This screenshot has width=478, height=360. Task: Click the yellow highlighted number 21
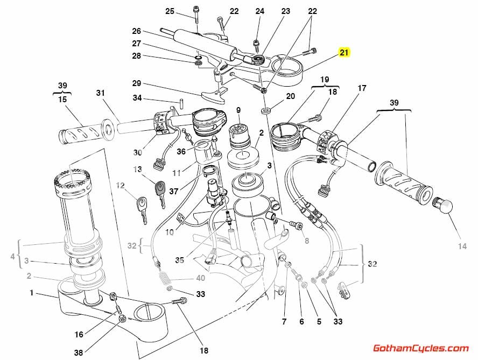[x=344, y=52]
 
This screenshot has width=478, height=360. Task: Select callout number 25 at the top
[x=170, y=11]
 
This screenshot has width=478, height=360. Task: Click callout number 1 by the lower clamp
[x=32, y=293]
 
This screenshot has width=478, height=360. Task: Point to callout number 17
[x=362, y=88]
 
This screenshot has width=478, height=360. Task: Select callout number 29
[x=136, y=83]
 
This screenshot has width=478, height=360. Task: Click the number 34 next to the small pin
[x=137, y=98]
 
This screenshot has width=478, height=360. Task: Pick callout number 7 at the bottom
[x=284, y=322]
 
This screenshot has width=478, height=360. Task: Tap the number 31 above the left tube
[x=100, y=93]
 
